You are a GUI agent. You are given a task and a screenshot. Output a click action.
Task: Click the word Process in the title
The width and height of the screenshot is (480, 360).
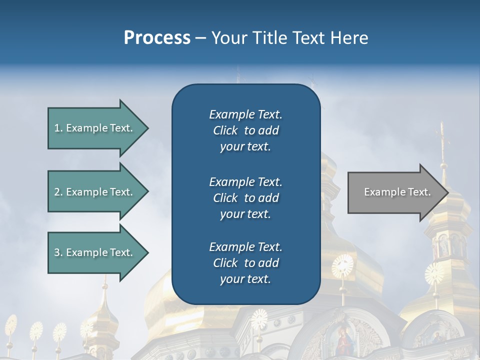tap(157, 38)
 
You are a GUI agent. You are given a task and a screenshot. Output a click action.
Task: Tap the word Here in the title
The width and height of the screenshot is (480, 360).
tap(349, 38)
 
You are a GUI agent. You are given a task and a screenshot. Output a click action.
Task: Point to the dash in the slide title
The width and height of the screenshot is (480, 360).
tap(200, 38)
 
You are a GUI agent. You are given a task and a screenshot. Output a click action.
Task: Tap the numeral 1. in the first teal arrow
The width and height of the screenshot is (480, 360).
tap(58, 128)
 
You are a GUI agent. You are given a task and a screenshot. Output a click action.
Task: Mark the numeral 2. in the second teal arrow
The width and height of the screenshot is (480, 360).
tap(58, 192)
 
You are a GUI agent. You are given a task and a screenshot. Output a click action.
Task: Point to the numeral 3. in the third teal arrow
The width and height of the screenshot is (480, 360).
tap(58, 252)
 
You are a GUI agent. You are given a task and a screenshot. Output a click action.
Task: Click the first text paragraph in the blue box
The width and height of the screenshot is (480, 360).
tap(245, 130)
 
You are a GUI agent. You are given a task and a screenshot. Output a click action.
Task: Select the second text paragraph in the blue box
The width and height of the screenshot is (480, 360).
tap(245, 198)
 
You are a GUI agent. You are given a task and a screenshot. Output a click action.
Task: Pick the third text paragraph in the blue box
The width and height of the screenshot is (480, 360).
tap(245, 263)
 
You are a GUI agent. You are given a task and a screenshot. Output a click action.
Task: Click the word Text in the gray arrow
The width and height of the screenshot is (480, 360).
tap(419, 192)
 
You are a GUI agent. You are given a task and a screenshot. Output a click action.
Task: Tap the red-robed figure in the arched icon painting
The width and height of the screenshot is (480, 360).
tap(343, 342)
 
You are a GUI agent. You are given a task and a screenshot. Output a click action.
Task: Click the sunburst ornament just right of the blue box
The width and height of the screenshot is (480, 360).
tap(342, 265)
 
